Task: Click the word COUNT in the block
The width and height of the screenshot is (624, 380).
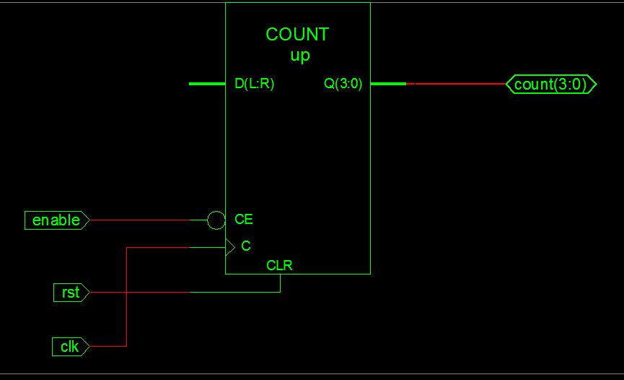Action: coord(297,35)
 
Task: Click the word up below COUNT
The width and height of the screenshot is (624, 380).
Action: coord(299,56)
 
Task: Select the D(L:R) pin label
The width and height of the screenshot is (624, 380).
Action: coord(255,84)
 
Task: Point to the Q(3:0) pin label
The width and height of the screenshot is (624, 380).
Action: coord(343,84)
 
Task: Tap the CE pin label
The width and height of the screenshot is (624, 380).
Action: coord(244,220)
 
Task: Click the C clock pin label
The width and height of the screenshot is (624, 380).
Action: coord(246,246)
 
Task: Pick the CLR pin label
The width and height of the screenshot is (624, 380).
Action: coord(279,265)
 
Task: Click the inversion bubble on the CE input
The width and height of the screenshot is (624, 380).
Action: coord(216,220)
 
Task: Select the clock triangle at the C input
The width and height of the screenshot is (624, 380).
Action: coord(230,247)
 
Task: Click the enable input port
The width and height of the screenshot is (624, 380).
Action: coord(56,220)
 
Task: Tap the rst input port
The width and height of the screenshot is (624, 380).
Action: coord(71,293)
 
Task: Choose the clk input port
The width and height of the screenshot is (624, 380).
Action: coord(70,347)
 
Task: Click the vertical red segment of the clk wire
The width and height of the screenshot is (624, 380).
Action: coord(127,303)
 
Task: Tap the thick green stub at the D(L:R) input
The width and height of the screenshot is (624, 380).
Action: coord(207,84)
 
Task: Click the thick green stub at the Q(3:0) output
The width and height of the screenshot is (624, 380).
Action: coord(388,84)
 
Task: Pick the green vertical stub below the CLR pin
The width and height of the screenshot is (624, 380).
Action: coord(280,283)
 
